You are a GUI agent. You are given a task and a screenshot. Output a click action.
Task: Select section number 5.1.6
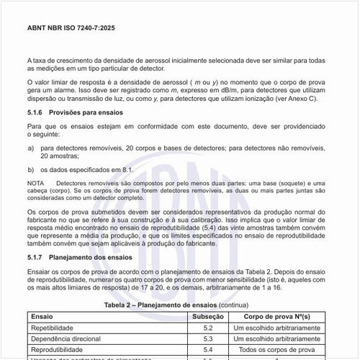(35, 113)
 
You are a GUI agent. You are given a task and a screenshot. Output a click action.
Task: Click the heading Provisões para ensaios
(87, 113)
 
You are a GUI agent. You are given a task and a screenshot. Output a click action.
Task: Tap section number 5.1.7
(35, 256)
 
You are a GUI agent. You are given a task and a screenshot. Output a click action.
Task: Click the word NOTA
(35, 184)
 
